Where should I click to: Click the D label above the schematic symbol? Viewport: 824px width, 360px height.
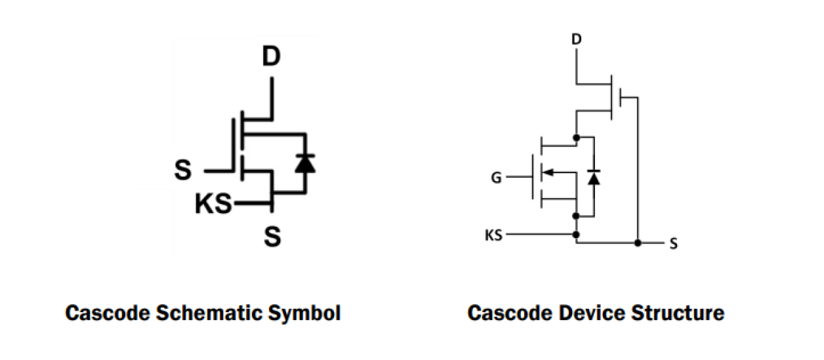pos(271,58)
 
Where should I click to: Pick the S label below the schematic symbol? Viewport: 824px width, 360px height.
pos(272,236)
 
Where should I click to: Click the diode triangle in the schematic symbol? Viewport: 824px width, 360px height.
pos(304,163)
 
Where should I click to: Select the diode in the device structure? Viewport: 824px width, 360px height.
pos(594,177)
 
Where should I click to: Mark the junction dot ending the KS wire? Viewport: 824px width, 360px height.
pos(576,234)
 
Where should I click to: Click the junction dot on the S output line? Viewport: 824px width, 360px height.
pos(638,243)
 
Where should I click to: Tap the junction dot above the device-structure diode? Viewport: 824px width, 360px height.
pos(576,138)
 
